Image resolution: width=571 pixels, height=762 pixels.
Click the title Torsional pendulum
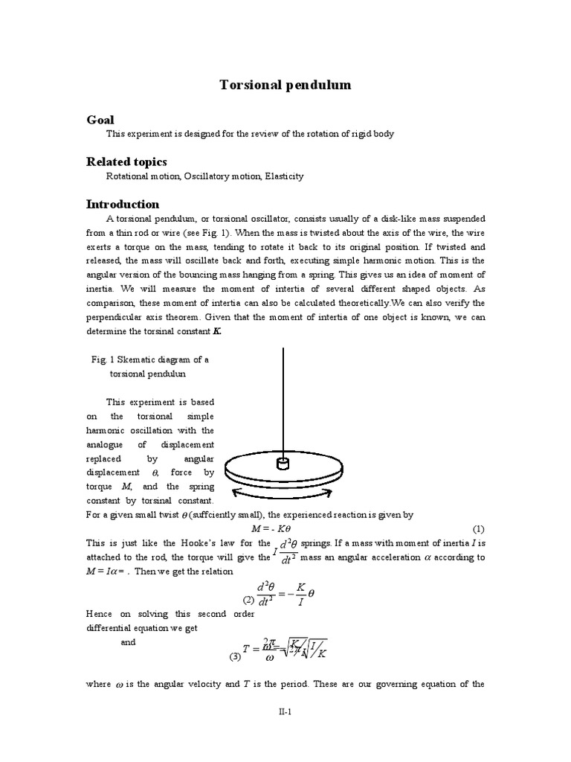[x=285, y=86]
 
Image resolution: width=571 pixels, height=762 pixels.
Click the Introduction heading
[x=123, y=204]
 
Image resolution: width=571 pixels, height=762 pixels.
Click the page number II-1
[x=285, y=712]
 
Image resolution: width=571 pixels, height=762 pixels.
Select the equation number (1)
[x=478, y=528]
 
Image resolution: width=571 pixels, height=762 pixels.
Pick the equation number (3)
[x=235, y=656]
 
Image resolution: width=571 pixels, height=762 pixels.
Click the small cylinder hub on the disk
[x=283, y=464]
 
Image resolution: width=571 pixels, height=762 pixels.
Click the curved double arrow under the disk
[x=283, y=496]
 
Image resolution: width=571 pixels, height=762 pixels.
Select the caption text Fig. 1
[x=100, y=359]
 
